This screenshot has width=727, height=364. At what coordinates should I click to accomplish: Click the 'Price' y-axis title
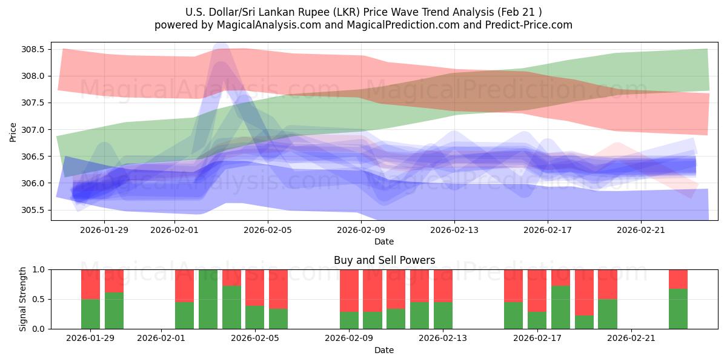click(x=13, y=132)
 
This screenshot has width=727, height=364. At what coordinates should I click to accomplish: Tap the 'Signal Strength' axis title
click(x=22, y=299)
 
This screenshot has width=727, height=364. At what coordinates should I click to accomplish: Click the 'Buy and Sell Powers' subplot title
click(x=384, y=260)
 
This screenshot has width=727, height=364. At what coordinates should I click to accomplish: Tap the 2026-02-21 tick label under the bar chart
click(x=631, y=338)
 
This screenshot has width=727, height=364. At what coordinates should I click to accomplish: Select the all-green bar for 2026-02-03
click(x=208, y=299)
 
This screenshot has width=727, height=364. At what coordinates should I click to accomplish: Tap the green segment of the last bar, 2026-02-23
click(x=678, y=309)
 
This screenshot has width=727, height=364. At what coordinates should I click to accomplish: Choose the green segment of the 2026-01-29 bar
click(x=90, y=314)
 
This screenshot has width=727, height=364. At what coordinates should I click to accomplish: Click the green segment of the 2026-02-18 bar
click(x=560, y=307)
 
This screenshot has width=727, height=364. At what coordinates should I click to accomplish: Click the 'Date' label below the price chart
click(x=384, y=241)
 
